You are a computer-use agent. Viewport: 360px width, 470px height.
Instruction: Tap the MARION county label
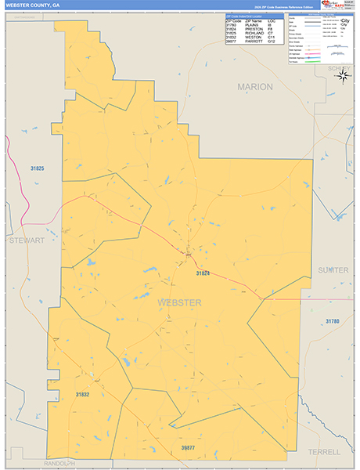tap(255, 86)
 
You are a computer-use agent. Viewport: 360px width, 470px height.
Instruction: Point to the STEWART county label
tap(27, 240)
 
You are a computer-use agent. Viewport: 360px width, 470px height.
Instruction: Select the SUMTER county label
tap(333, 269)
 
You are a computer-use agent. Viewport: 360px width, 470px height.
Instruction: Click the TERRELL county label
tap(324, 452)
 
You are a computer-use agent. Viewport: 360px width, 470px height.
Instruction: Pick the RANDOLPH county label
tap(59, 463)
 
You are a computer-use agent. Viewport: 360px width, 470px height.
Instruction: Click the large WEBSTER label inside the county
tap(179, 302)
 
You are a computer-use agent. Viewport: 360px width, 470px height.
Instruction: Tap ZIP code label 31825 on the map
tap(37, 168)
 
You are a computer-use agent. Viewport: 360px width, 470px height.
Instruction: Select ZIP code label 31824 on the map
tap(203, 273)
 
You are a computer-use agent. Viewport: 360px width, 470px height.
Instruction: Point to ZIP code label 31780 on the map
tap(333, 322)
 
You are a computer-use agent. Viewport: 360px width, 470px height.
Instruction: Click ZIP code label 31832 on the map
tap(83, 394)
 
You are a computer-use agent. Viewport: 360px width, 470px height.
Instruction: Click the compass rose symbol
tap(345, 75)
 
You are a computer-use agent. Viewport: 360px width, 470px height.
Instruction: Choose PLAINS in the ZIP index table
tap(252, 24)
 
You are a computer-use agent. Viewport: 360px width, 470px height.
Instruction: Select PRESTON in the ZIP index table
tap(254, 28)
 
